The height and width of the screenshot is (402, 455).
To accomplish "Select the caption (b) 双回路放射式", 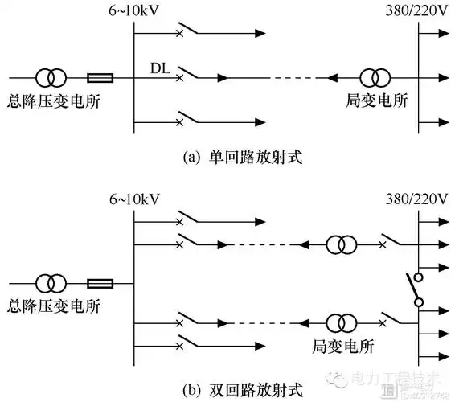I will click(x=227, y=390).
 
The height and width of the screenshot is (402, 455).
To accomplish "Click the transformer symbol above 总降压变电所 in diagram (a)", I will click(x=51, y=79).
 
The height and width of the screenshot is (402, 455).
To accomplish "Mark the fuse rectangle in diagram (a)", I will click(x=100, y=79).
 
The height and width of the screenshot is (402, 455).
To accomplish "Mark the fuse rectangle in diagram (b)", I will click(x=100, y=283).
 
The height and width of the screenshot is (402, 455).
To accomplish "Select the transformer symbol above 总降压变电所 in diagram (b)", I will click(x=51, y=283).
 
